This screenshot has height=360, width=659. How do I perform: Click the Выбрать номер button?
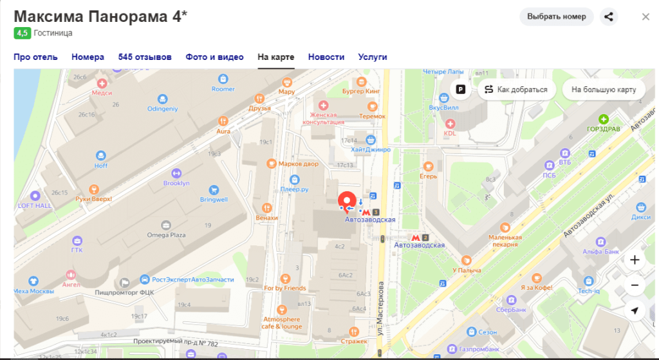coord(556,17)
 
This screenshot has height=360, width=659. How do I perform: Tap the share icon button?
coord(608,17)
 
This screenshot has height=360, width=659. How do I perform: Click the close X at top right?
coord(645,17)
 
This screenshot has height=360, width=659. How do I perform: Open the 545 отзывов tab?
coord(145,57)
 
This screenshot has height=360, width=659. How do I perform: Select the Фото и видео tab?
coord(214,57)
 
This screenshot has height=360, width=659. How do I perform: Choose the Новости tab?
coord(326,57)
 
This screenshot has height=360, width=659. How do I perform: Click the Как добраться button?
coord(516,90)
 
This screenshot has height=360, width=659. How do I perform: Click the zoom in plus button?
coord(635,260)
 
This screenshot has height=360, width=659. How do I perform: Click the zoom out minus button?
coord(635,285)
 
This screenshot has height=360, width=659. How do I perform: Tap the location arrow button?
coord(635,310)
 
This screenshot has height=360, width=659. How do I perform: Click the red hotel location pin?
coord(347,200)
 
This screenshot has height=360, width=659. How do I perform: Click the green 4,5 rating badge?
coord(22,33)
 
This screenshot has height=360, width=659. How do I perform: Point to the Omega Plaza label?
coord(166,235)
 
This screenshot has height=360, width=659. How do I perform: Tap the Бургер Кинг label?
coord(361,91)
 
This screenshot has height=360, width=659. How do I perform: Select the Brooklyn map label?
coord(176,183)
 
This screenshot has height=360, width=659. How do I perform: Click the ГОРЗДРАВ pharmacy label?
coord(604,128)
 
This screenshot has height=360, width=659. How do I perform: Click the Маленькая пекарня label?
coord(505,240)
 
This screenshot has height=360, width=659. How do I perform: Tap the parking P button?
coord(461,90)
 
